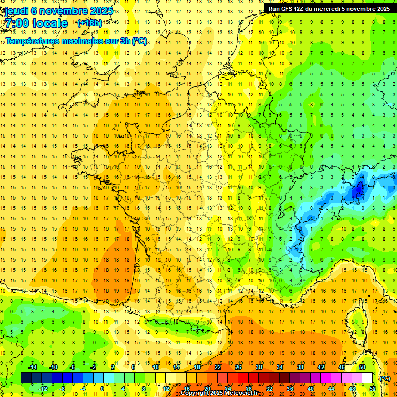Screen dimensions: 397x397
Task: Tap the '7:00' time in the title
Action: pyautogui.click(x=19, y=23)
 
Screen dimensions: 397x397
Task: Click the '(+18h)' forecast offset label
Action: pyautogui.click(x=89, y=23)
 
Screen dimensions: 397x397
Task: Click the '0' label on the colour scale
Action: pyautogui.click(x=102, y=388)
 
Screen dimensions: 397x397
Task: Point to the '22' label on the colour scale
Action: pyautogui.click(x=218, y=367)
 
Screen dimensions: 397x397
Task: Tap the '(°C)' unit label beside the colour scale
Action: pyautogui.click(x=384, y=378)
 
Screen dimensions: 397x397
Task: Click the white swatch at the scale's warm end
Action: pyautogui.click(x=367, y=378)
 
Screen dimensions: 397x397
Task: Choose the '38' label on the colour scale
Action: pyautogui.click(x=300, y=367)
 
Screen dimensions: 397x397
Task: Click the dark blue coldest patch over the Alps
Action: pyautogui.click(x=357, y=191)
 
